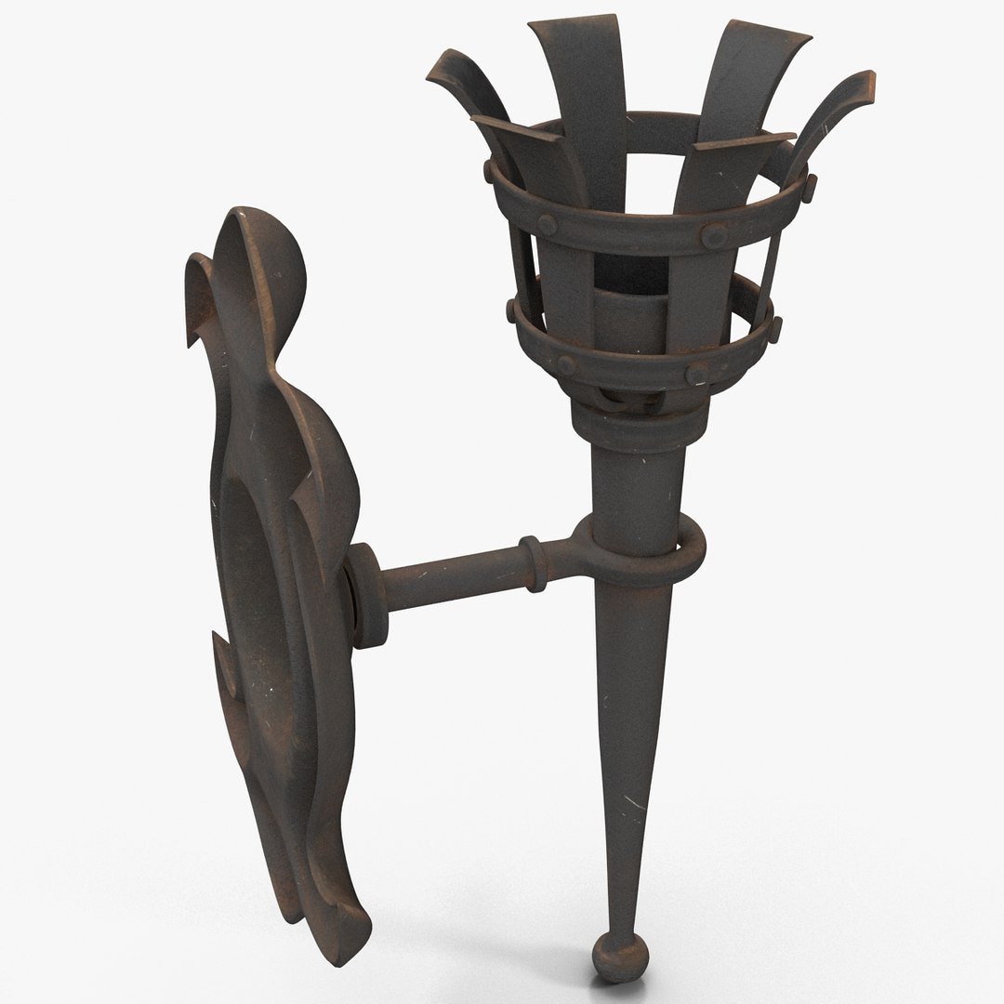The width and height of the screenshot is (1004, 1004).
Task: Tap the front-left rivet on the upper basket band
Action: (547, 224)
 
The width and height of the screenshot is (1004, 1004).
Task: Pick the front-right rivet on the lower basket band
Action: (696, 373)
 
